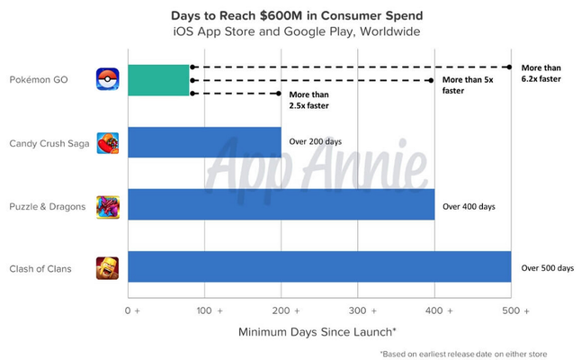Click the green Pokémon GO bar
click(159, 80)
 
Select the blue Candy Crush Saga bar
click(205, 142)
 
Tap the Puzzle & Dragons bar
click(282, 205)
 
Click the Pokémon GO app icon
click(107, 80)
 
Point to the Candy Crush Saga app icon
click(107, 142)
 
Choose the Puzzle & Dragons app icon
click(107, 205)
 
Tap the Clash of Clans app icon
click(107, 268)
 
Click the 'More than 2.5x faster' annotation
click(308, 101)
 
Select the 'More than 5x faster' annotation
click(466, 85)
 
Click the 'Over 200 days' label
click(316, 142)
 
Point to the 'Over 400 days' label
click(469, 205)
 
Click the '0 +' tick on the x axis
click(132, 310)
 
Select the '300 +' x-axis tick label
click(361, 310)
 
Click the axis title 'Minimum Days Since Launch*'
click(320, 332)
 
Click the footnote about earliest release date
click(462, 353)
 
